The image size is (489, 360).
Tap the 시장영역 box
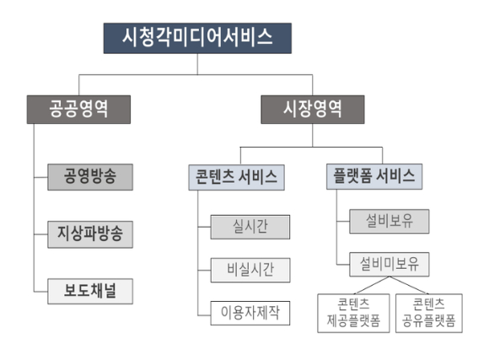(312, 108)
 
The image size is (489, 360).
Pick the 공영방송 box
(89, 178)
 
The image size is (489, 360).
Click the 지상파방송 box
(89, 234)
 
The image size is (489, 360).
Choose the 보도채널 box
(89, 288)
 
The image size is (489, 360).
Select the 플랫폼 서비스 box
(373, 178)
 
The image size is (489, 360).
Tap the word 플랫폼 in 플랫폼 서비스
(352, 178)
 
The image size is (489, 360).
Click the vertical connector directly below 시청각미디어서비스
(197, 65)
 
